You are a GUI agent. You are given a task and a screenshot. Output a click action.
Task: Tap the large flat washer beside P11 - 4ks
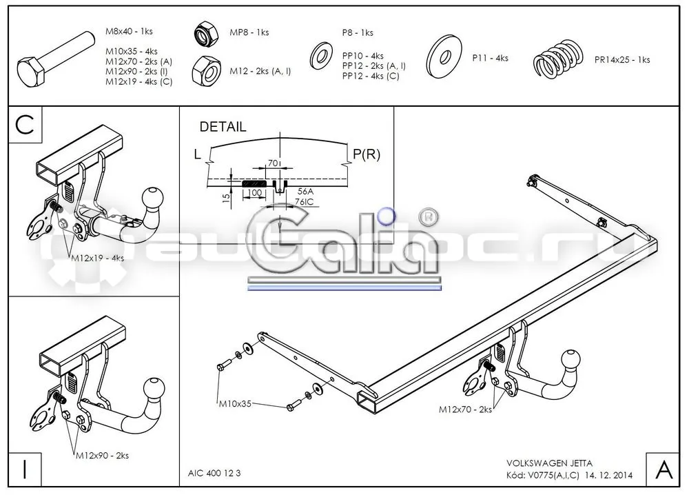tap(444, 57)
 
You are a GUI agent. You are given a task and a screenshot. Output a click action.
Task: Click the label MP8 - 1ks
tap(249, 32)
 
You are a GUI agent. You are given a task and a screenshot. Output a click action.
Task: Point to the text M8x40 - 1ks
tap(129, 31)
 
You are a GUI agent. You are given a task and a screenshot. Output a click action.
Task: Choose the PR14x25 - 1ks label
tap(621, 60)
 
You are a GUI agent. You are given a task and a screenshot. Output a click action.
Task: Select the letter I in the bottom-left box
tap(25, 469)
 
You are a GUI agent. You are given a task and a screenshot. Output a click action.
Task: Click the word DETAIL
tap(223, 127)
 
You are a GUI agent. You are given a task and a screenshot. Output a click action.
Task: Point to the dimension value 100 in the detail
tap(255, 193)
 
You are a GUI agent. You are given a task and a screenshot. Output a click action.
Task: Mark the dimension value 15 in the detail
tap(226, 198)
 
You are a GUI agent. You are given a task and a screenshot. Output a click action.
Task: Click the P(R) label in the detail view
tap(367, 154)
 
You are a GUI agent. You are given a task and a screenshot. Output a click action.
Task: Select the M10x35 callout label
tap(235, 403)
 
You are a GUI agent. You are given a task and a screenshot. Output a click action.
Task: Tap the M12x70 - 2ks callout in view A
tap(465, 410)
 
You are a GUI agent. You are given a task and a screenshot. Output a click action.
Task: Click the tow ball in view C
tap(152, 198)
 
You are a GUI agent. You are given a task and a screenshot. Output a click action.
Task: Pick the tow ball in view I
tap(154, 388)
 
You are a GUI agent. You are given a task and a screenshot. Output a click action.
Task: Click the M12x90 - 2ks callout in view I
tap(102, 456)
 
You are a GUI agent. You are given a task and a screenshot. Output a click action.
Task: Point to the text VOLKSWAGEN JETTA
tap(549, 463)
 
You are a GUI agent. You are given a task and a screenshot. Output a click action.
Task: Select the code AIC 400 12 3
tap(214, 473)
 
